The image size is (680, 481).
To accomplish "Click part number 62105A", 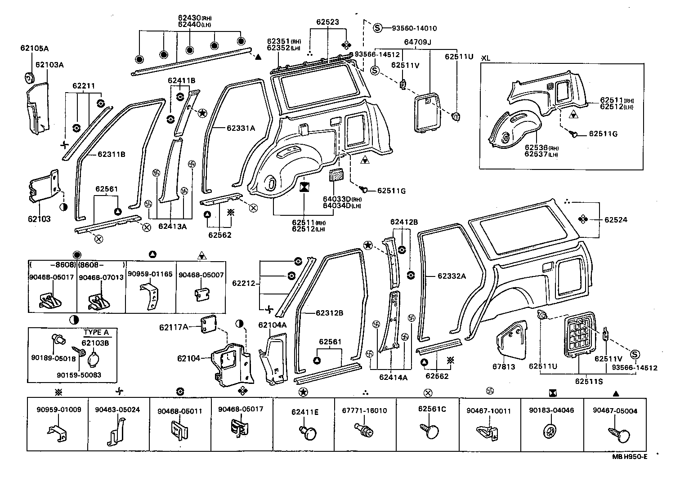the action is [x=34, y=48].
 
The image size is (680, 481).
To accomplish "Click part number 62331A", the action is [x=241, y=128].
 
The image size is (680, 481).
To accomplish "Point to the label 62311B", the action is [x=111, y=155].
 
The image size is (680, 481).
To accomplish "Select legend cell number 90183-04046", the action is [x=551, y=410].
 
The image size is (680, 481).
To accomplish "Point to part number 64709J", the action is [x=417, y=42].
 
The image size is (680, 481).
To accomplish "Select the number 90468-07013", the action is [x=101, y=277].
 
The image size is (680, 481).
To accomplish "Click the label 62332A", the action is [x=452, y=276].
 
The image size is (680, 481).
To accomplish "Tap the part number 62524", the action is [x=616, y=220].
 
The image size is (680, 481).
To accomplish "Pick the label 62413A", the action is [x=172, y=227].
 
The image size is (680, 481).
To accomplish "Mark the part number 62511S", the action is [x=589, y=381].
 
